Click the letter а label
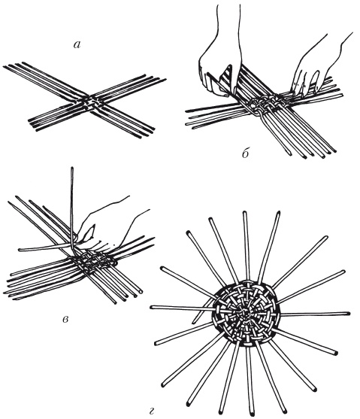[x=77, y=45]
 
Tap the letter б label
[x=246, y=154]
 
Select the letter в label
[x=65, y=319]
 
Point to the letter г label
[x=152, y=411]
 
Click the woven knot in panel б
[x=265, y=105]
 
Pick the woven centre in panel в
[x=93, y=260]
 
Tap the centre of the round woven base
[x=245, y=312]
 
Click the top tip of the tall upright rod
[x=72, y=169]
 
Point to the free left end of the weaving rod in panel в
[x=20, y=250]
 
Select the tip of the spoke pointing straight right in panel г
[x=348, y=313]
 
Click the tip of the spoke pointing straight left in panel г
[x=152, y=308]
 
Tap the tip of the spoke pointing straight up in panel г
[x=244, y=213]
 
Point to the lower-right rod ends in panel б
[x=313, y=154]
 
